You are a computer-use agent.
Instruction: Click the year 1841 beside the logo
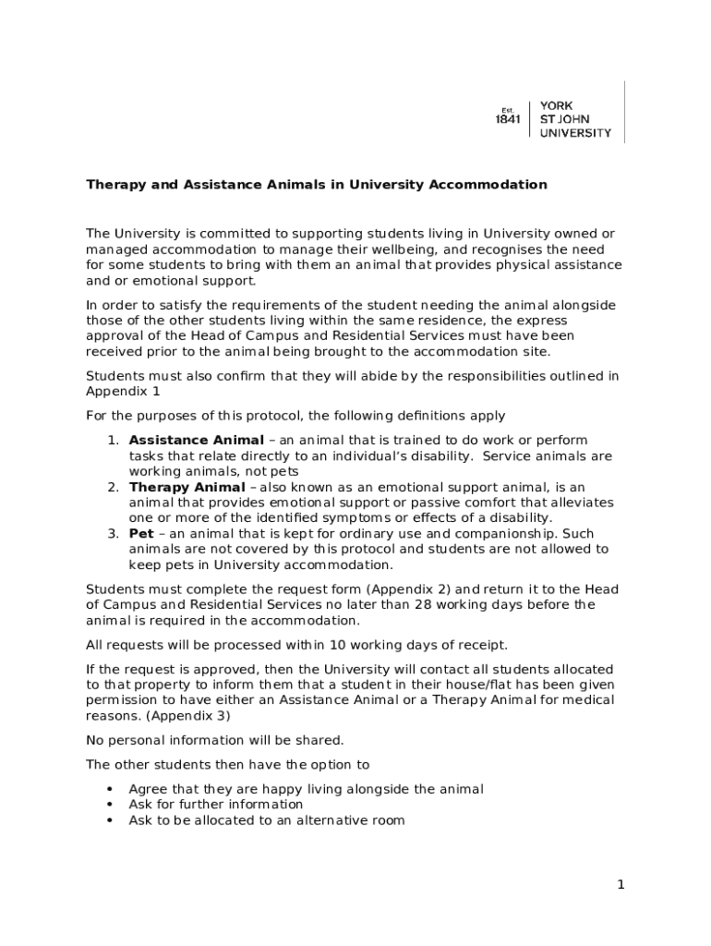point(509,119)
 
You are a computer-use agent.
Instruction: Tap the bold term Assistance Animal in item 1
point(196,440)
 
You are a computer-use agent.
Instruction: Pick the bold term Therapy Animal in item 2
point(187,487)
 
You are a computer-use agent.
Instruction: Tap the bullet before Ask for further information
point(110,805)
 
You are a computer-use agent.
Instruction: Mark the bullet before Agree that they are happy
point(110,789)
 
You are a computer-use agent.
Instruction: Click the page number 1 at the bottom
point(621,885)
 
